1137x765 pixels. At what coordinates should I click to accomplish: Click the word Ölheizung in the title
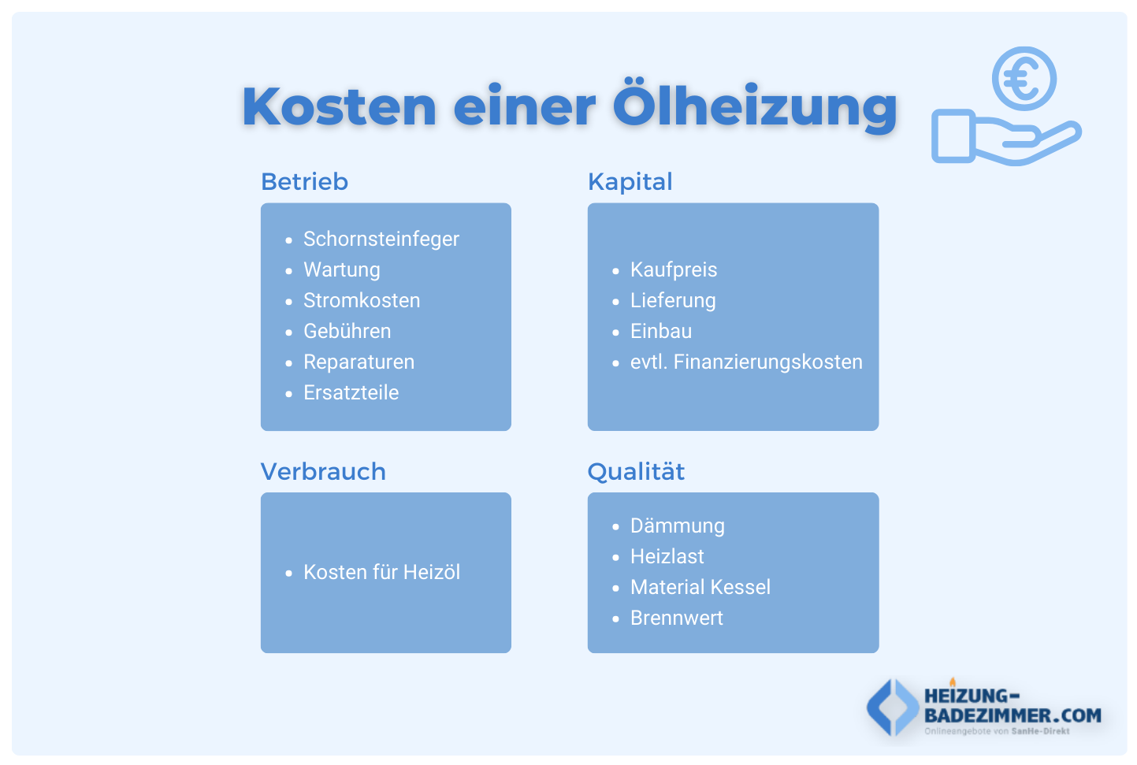pos(755,106)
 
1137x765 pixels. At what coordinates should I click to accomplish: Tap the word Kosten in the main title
pos(339,106)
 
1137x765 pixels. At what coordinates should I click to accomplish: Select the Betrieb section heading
pos(304,182)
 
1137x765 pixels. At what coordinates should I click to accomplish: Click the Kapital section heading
pos(630,182)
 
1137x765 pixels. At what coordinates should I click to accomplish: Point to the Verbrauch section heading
pos(323,472)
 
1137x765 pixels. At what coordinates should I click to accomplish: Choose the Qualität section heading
pos(636,472)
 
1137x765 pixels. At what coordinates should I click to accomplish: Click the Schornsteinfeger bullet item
pos(381,239)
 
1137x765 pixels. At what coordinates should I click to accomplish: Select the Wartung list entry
pos(341,269)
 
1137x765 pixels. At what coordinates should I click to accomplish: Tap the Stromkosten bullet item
pos(362,300)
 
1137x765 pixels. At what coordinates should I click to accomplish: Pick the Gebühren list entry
pos(347,331)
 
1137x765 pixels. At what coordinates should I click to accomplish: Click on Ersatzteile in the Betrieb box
pos(351,392)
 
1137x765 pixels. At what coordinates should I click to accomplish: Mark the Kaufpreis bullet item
pos(673,269)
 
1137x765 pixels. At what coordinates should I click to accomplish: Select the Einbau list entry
pos(660,331)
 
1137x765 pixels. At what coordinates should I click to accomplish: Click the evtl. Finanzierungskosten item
pos(745,362)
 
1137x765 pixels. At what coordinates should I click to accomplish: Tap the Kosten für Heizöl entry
pos(381,572)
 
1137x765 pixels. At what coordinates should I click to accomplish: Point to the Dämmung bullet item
pos(677,525)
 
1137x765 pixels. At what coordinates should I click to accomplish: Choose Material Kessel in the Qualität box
pos(700,587)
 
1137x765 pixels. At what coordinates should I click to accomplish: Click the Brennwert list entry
pos(676,618)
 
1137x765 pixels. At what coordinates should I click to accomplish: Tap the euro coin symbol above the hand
pos(1024,79)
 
